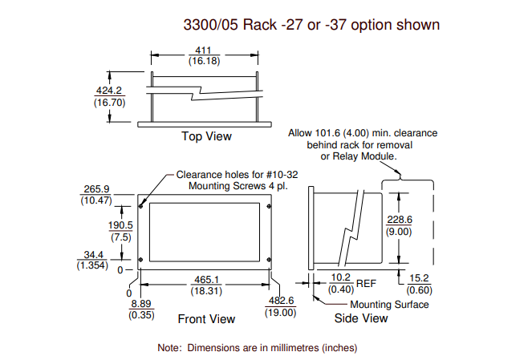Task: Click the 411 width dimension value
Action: (x=203, y=51)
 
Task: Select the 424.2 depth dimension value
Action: (x=109, y=91)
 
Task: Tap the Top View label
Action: (x=207, y=136)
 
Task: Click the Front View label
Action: (x=206, y=319)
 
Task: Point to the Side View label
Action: (x=361, y=318)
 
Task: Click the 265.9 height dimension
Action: (x=97, y=189)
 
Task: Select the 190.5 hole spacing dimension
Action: (x=120, y=225)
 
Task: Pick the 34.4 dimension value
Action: (x=94, y=255)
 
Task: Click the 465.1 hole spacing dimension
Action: (x=207, y=280)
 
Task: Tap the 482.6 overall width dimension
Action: (x=282, y=301)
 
